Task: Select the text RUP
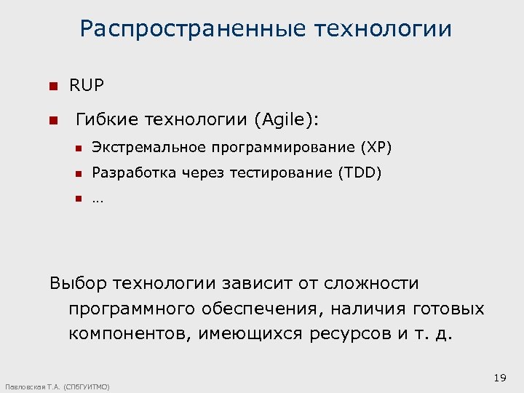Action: coord(87,86)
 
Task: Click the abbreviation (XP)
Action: coord(376,148)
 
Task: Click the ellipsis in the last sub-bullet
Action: coord(98,199)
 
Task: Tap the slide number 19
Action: coord(499,378)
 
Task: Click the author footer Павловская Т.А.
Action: coord(33,386)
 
